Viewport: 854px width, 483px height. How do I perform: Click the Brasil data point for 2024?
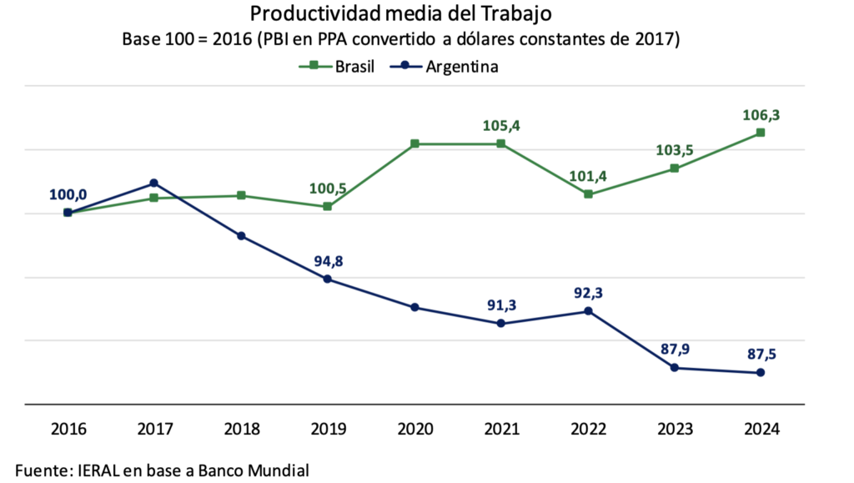pos(761,133)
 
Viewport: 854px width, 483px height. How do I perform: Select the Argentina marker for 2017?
pos(154,183)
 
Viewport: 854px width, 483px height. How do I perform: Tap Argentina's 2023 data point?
pos(674,368)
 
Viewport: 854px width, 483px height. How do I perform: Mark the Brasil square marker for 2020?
pos(414,144)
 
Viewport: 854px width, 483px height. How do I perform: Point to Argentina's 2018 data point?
pos(241,236)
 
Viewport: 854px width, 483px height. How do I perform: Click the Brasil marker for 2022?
pos(588,194)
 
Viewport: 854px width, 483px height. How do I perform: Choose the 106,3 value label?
pos(761,115)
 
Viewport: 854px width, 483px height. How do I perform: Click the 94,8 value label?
pos(329,260)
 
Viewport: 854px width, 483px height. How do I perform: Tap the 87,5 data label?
pos(761,354)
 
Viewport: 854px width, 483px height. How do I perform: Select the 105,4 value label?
pos(501,126)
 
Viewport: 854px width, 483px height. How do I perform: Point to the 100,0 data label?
pos(68,195)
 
